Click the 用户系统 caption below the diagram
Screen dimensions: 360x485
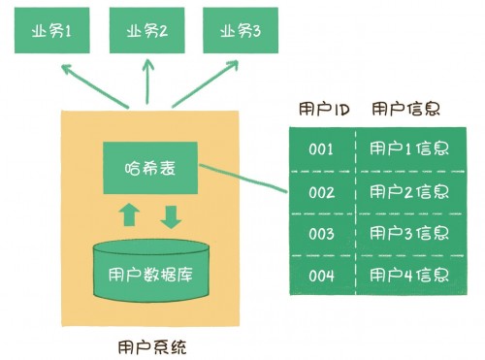(147, 344)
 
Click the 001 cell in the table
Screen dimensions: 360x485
(321, 149)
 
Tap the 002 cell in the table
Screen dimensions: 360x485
(321, 191)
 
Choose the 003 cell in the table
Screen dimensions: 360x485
(321, 234)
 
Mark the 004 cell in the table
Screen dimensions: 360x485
(321, 276)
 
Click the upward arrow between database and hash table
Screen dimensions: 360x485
(130, 215)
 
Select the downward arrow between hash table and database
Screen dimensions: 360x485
(171, 215)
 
